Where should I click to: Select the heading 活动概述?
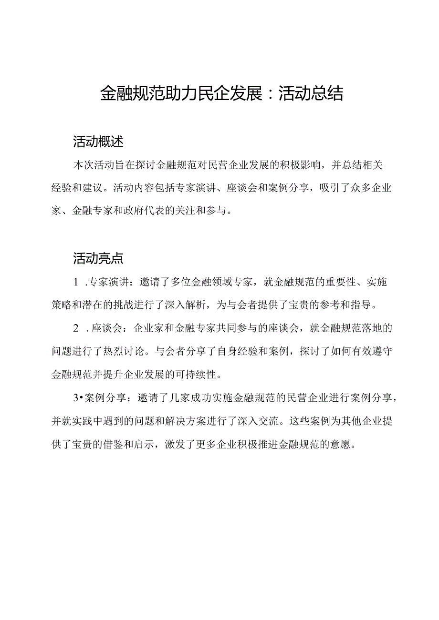[x=98, y=142]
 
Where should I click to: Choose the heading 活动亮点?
[x=98, y=259]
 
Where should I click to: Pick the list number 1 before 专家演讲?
[x=76, y=282]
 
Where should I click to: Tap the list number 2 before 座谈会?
[x=76, y=328]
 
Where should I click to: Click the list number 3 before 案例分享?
[x=75, y=398]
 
